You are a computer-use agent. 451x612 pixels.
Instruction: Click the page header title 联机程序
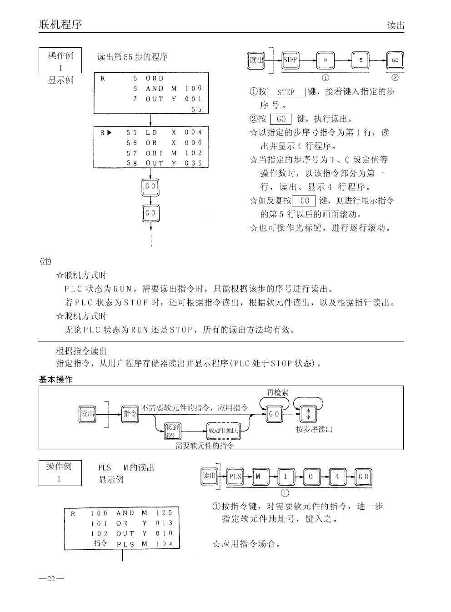point(60,24)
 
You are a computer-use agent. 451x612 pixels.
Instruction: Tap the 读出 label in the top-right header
point(395,25)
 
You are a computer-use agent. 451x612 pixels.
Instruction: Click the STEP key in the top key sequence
point(290,60)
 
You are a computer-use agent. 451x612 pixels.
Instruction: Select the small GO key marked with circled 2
point(395,60)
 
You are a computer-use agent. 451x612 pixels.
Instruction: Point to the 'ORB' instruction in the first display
point(155,78)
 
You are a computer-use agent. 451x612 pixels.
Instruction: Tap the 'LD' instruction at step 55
point(151,132)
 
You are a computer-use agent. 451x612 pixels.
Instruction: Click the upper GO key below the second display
point(150,187)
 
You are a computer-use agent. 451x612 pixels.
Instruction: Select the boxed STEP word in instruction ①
point(286,92)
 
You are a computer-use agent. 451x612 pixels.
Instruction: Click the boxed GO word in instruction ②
point(281,119)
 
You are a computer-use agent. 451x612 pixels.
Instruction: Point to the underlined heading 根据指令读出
point(81,351)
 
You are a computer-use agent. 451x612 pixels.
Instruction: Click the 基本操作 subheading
point(55,379)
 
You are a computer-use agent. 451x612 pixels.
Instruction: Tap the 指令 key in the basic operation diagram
point(130,414)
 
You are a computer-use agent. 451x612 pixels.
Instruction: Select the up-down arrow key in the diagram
point(308,414)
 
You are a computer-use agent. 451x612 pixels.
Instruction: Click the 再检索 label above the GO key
point(277,392)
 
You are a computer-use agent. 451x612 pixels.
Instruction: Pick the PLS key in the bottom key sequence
point(235,477)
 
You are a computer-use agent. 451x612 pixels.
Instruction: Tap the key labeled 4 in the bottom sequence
point(337,477)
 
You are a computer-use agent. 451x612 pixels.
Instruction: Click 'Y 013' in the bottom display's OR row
point(157,523)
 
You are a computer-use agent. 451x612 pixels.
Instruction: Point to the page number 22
point(51,579)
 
